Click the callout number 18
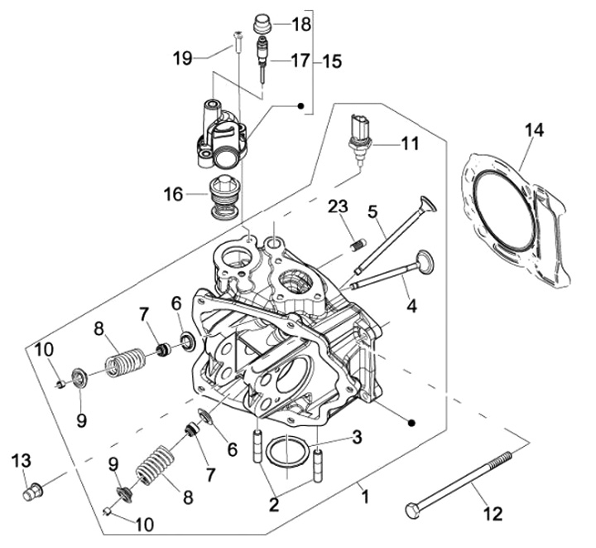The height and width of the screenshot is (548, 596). (301, 25)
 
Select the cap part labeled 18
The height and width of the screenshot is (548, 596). (262, 24)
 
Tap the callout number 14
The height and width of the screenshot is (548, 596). (535, 130)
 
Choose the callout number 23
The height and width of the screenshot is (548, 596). (339, 206)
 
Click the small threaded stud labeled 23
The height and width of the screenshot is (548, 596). (358, 244)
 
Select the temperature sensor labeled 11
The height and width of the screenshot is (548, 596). (359, 141)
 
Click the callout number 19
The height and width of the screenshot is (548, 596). (183, 59)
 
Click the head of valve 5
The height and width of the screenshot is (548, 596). (429, 204)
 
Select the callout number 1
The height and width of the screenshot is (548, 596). (365, 497)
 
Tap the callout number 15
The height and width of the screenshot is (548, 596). (332, 61)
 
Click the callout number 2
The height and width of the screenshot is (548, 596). (274, 505)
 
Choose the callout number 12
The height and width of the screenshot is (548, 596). (493, 514)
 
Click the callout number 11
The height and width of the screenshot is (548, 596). (410, 144)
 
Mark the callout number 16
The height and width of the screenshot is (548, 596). (173, 195)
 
